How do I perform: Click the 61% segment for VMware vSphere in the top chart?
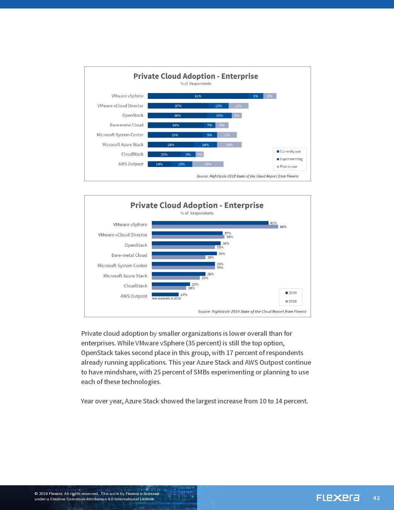pyautogui.click(x=198, y=96)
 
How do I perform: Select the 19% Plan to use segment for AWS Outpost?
pyautogui.click(x=208, y=164)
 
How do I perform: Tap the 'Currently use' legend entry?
pyautogui.click(x=290, y=151)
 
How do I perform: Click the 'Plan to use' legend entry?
pyautogui.click(x=288, y=167)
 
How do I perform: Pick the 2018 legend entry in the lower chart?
pyautogui.click(x=292, y=301)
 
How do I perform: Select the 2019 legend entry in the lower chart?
pyautogui.click(x=292, y=293)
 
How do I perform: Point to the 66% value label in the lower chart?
pyautogui.click(x=283, y=227)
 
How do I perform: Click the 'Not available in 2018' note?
pyautogui.click(x=166, y=298)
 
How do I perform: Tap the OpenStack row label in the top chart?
pyautogui.click(x=132, y=116)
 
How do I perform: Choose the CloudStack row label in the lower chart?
pyautogui.click(x=135, y=286)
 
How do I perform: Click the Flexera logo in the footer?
pyautogui.click(x=338, y=498)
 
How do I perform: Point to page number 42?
pyautogui.click(x=376, y=498)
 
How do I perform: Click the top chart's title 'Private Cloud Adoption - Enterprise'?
pyautogui.click(x=195, y=76)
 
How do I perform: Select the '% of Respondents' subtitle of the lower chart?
pyautogui.click(x=197, y=213)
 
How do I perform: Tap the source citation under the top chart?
pyautogui.click(x=247, y=176)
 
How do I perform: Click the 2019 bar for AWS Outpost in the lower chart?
pyautogui.click(x=165, y=294)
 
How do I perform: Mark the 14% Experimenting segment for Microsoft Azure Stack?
pyautogui.click(x=205, y=145)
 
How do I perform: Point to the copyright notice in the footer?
pyautogui.click(x=97, y=496)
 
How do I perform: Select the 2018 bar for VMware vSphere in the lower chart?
pyautogui.click(x=215, y=227)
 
